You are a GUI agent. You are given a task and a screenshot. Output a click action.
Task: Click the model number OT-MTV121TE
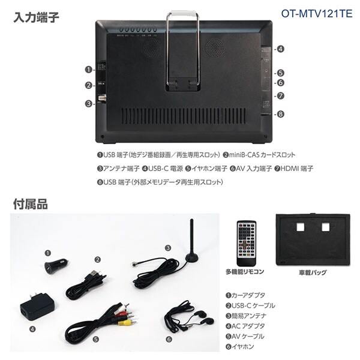317,14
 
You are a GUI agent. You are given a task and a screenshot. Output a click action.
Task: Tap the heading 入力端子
37,17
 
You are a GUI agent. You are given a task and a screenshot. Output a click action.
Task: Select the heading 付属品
31,204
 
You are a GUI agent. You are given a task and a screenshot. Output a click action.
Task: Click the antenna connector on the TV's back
102,98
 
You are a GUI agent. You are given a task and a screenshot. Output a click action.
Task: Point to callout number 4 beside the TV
280,49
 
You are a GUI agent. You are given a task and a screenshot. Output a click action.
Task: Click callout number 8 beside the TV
280,114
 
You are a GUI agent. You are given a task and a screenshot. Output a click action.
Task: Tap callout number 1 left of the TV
88,70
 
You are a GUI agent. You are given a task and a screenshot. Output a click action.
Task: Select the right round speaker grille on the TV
214,48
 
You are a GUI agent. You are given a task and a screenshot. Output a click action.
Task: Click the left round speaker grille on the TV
152,48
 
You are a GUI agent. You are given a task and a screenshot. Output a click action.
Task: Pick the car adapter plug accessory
56,266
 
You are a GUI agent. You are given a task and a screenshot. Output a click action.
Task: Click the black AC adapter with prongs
37,306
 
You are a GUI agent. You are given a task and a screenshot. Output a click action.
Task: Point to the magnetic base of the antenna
192,257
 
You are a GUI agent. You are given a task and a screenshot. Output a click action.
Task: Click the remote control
247,243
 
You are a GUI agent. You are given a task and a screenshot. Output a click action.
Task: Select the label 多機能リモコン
245,272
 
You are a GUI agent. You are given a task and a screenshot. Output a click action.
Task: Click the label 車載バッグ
313,272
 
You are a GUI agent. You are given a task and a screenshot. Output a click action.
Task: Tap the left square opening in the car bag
301,227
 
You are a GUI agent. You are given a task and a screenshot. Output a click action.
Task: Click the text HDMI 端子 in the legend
296,169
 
